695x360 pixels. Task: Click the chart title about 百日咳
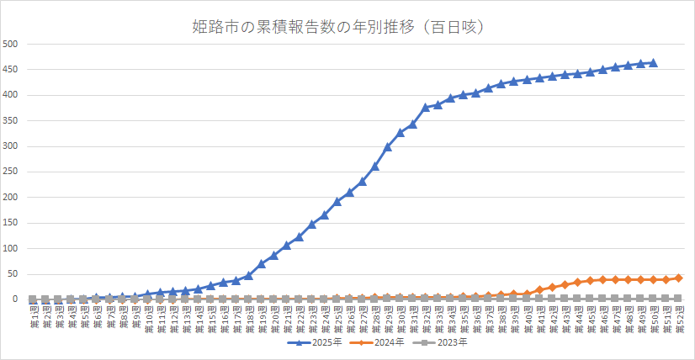click(x=348, y=28)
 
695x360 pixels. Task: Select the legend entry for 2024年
click(x=382, y=342)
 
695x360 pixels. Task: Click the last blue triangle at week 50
click(x=653, y=62)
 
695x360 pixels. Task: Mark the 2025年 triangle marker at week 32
click(x=426, y=107)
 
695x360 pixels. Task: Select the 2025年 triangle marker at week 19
click(x=261, y=263)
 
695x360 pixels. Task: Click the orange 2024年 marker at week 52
click(x=678, y=278)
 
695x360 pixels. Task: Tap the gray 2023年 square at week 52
click(x=678, y=298)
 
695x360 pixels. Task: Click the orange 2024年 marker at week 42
click(x=552, y=287)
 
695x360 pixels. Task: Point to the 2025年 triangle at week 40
click(x=527, y=79)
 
